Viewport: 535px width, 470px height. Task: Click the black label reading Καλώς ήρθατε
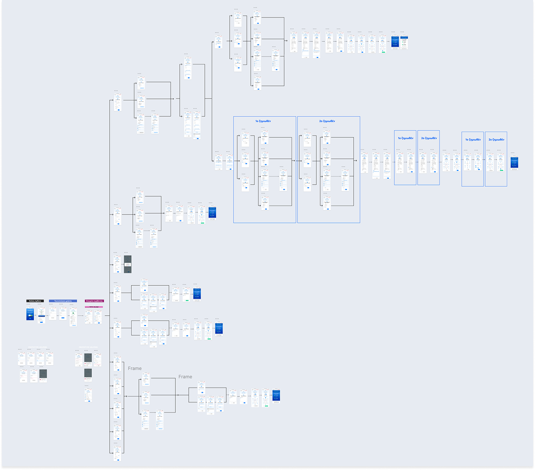[34, 301]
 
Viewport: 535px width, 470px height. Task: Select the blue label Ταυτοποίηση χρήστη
[63, 301]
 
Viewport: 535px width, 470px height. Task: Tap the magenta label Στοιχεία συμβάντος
[94, 301]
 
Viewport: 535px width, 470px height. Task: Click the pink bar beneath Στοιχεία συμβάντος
[94, 307]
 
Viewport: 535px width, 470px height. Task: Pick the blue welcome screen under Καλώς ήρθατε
[30, 314]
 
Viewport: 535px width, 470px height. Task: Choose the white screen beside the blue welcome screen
[41, 316]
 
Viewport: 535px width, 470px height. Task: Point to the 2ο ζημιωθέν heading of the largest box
[327, 121]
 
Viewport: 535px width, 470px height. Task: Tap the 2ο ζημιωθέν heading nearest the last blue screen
[496, 139]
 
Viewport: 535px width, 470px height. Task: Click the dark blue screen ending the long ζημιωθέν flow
[514, 163]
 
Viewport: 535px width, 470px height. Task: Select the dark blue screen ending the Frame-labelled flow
[276, 396]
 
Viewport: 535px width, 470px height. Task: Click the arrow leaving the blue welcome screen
[36, 315]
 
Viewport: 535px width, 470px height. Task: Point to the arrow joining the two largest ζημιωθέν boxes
[297, 161]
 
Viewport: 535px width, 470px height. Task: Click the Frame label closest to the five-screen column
[134, 369]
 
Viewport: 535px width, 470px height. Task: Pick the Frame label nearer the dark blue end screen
[185, 377]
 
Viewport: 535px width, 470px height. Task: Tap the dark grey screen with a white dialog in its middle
[127, 264]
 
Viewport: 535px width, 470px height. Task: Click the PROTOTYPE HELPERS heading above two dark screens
[88, 347]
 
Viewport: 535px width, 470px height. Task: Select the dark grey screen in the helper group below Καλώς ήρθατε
[43, 374]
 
